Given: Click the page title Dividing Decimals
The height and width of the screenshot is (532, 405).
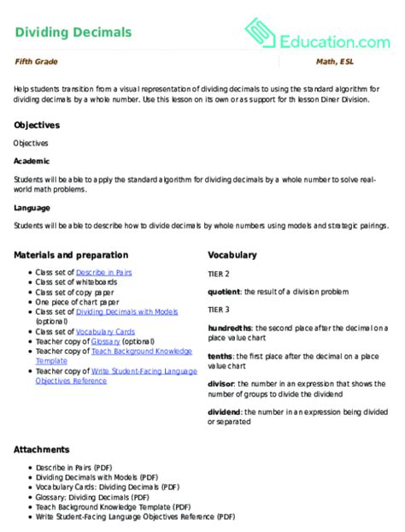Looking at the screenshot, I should point(73,33).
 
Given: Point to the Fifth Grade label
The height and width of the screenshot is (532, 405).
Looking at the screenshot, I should point(36,62).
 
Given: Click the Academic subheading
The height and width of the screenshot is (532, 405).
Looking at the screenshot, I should point(32,161).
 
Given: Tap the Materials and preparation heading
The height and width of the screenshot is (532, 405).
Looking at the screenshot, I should point(71,255).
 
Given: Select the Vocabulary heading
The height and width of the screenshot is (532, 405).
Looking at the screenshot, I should point(232,255).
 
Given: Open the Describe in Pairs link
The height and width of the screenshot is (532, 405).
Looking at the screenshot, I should point(104,272).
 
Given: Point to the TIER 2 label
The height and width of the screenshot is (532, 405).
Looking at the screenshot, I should point(219,274).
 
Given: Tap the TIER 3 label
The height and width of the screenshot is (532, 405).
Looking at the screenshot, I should point(219,310).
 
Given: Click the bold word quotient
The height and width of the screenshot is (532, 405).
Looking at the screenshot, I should point(225,292).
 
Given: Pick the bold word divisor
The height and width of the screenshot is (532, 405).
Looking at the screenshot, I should point(222,384).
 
